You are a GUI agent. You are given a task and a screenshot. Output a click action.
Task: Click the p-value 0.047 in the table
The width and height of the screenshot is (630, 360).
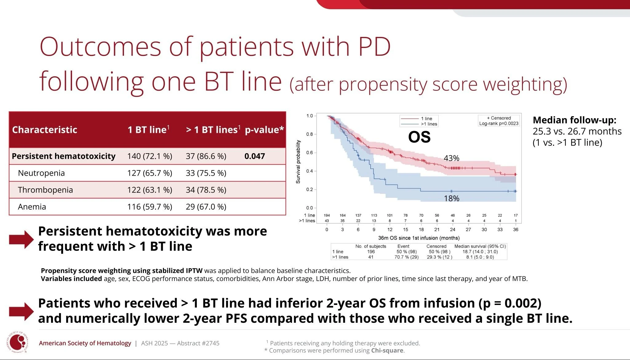click(254, 156)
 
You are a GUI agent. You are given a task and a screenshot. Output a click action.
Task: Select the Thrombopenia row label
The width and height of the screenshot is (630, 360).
click(45, 190)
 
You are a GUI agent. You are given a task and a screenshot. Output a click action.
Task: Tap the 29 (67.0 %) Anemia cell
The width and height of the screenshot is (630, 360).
click(206, 207)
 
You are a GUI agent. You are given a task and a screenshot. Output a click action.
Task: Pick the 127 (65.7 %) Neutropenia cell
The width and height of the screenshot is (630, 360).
click(150, 173)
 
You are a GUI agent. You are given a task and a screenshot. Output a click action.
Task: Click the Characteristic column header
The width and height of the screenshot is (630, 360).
click(45, 130)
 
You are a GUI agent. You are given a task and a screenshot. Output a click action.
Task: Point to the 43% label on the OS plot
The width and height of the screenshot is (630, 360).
click(451, 158)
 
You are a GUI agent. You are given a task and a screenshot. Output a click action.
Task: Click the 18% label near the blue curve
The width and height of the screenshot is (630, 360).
click(451, 198)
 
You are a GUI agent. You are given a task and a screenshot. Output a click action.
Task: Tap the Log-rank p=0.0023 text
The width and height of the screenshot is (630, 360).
click(499, 124)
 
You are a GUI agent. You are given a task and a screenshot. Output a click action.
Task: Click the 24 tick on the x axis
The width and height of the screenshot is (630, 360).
click(453, 230)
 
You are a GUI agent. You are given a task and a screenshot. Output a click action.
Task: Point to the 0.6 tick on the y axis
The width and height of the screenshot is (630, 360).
click(309, 153)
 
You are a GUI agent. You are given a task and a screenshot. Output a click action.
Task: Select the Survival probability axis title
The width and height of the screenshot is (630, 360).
click(298, 162)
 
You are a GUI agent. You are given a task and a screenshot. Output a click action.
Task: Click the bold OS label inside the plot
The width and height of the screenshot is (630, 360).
click(419, 137)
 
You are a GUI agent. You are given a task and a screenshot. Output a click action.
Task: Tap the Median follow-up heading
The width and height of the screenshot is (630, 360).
click(574, 120)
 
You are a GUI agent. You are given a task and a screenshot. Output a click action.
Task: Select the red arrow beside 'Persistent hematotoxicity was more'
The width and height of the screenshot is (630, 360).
click(21, 239)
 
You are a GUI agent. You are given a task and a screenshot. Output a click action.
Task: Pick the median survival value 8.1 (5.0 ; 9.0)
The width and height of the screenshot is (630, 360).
click(480, 257)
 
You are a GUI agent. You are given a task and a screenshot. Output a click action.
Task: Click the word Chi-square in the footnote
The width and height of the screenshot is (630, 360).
click(387, 350)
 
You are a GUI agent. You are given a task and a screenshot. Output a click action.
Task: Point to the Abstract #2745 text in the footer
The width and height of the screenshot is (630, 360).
click(198, 343)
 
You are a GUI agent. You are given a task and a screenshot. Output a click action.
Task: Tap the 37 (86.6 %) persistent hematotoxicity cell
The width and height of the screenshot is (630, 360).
click(206, 156)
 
